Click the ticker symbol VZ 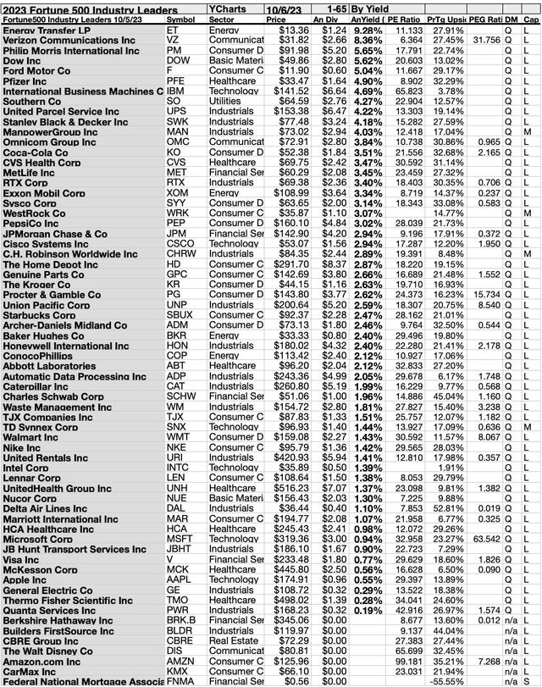[x=173, y=40]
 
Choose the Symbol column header [x=180, y=18]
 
